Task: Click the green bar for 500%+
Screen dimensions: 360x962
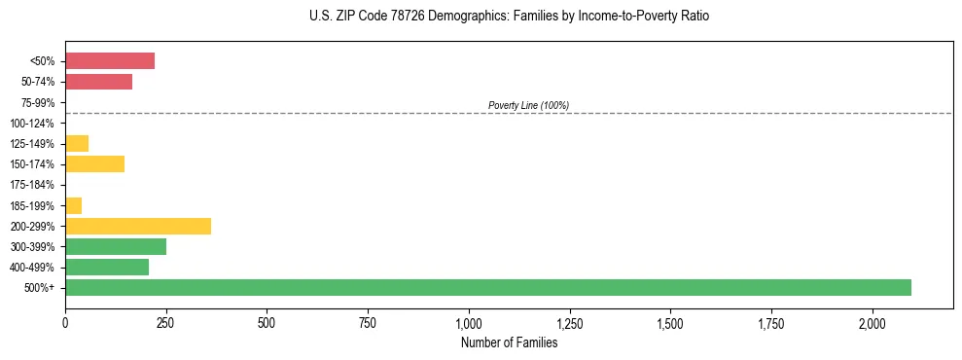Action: [x=487, y=287]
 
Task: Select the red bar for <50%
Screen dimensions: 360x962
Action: [x=110, y=61]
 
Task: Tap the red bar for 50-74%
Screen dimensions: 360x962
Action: [x=98, y=82]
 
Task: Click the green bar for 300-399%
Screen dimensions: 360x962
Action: [x=116, y=246]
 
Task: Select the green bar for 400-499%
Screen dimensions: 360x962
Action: [x=107, y=267]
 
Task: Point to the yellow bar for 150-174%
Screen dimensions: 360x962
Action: [x=94, y=163]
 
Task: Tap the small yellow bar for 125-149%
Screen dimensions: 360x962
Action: [x=77, y=143]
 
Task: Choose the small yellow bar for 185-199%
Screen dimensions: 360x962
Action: [x=73, y=205]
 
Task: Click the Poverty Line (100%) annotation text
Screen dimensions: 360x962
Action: [x=528, y=105]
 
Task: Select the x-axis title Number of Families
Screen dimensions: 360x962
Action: [x=509, y=342]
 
